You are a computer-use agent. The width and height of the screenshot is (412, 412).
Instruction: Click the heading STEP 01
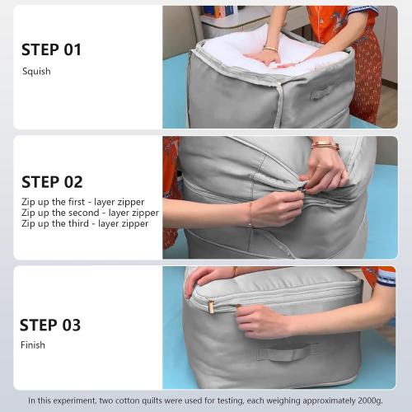(51, 50)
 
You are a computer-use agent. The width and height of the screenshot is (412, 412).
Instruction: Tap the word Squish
(36, 72)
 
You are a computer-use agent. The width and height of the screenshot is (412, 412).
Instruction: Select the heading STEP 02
(52, 182)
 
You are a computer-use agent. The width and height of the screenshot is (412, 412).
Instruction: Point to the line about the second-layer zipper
(90, 213)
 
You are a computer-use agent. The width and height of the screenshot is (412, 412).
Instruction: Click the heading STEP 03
(51, 325)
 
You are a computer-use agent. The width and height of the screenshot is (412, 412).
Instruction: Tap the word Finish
(33, 345)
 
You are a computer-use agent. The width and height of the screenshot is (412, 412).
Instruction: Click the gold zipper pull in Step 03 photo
(210, 307)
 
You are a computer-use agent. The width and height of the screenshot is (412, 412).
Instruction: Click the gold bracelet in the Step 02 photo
(325, 146)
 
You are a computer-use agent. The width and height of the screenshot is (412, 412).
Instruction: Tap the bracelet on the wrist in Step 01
(270, 49)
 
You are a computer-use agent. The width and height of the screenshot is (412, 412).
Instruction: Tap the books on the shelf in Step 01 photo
(219, 11)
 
